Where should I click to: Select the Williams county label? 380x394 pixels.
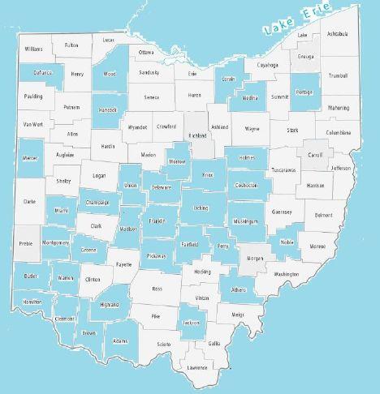(33, 49)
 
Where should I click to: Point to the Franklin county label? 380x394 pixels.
(157, 221)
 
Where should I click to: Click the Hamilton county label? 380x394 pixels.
(33, 301)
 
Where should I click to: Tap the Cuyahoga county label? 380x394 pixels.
(267, 65)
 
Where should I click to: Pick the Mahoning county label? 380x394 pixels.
(339, 107)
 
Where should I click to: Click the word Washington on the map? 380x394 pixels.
(286, 274)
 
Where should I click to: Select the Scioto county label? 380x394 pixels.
(163, 345)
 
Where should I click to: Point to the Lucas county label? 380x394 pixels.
(109, 40)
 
